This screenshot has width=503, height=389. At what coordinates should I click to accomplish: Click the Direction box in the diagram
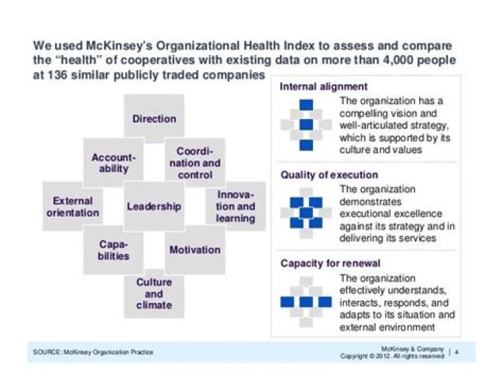(x=154, y=119)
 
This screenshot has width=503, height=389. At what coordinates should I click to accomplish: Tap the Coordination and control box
(x=195, y=163)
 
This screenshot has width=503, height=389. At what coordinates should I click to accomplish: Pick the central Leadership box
(x=154, y=206)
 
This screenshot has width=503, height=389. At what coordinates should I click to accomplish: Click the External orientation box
(x=73, y=206)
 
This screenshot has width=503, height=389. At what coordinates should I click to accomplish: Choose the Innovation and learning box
(x=235, y=206)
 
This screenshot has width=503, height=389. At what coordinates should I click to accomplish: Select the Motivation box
(x=195, y=250)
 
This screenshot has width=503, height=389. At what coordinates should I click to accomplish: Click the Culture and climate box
(x=154, y=294)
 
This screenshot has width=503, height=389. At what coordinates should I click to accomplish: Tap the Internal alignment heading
(x=323, y=87)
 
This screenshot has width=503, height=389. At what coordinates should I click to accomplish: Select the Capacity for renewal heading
(x=330, y=264)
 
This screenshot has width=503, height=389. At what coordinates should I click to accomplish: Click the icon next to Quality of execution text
(x=305, y=212)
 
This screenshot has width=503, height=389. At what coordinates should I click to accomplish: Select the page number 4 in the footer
(x=456, y=352)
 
